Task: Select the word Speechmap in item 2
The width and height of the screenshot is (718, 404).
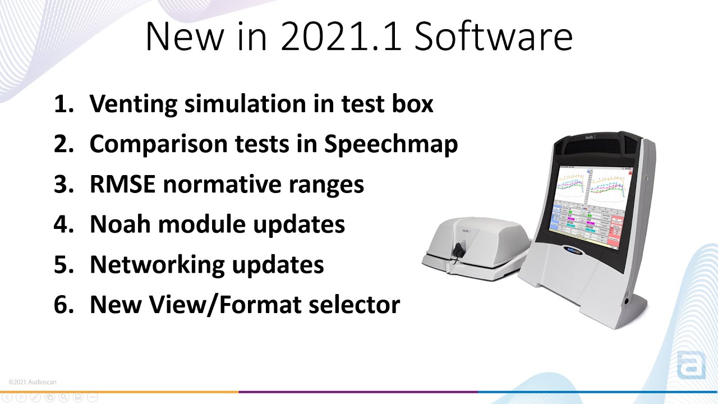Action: point(391,145)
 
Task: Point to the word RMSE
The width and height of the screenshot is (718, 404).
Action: point(122,185)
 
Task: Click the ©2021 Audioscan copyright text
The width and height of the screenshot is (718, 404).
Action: point(33,382)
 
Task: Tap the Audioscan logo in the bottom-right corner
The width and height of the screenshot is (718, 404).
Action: point(691,365)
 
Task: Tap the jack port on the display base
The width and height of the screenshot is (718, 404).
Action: point(627,302)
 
